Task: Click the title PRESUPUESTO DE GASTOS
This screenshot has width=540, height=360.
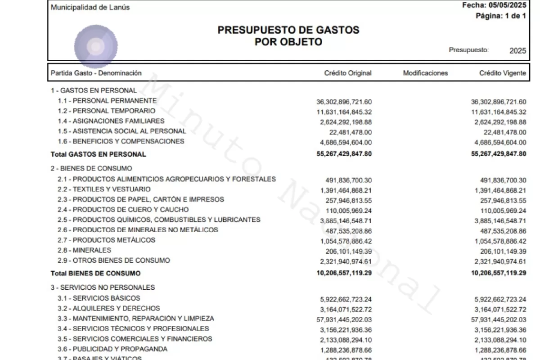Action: click(x=288, y=30)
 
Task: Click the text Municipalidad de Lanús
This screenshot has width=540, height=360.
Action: click(x=90, y=7)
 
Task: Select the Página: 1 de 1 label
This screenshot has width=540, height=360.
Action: click(x=501, y=16)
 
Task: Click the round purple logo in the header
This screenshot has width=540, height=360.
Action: click(x=96, y=46)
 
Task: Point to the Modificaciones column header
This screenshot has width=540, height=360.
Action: click(x=425, y=73)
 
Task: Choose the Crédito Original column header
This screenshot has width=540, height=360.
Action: click(x=348, y=73)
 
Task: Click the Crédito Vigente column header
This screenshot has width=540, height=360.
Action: click(x=502, y=73)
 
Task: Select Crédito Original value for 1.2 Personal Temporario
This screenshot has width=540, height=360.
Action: click(x=344, y=112)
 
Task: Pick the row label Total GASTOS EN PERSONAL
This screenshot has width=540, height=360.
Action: click(x=99, y=154)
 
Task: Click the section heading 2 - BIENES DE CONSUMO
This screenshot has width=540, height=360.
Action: click(x=91, y=168)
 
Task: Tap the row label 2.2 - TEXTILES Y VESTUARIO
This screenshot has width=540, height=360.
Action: click(x=104, y=189)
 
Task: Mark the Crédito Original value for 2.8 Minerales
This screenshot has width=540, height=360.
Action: click(x=349, y=251)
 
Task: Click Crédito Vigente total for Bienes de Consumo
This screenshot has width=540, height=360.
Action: click(x=499, y=273)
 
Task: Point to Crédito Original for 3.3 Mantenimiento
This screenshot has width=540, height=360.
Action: click(x=344, y=319)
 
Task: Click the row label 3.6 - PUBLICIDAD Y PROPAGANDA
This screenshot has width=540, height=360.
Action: click(x=112, y=349)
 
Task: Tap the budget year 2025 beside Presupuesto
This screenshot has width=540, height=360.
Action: click(x=517, y=51)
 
